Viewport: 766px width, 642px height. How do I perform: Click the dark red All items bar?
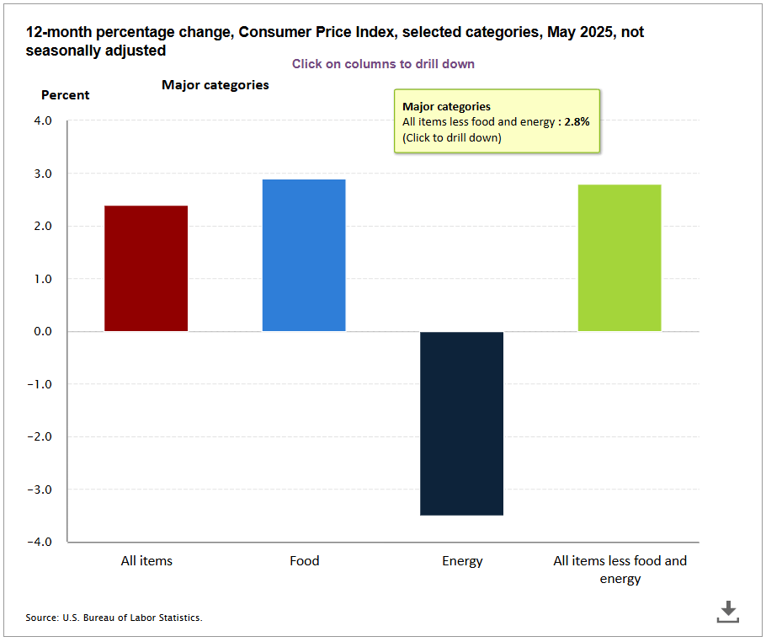(x=146, y=268)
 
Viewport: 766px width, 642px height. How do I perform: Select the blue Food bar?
(x=304, y=255)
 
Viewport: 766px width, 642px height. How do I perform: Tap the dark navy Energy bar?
(x=461, y=423)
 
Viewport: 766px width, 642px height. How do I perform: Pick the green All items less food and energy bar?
(x=620, y=258)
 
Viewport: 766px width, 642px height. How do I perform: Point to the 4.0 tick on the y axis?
(x=42, y=121)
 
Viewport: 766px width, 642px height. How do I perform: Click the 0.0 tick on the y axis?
(x=42, y=332)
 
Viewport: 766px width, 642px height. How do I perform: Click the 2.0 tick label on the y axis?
(x=42, y=227)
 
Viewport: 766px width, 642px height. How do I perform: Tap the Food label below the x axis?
(x=304, y=561)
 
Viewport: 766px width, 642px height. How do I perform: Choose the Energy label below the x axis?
(x=462, y=561)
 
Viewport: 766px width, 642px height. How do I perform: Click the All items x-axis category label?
(x=146, y=561)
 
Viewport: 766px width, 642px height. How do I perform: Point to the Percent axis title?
(x=65, y=95)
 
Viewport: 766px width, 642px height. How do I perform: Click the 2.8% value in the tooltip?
(x=577, y=122)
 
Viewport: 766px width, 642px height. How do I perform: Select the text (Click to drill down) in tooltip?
(x=451, y=138)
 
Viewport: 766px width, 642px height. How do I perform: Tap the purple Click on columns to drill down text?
(x=383, y=64)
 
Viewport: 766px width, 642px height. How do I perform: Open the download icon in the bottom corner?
(x=728, y=612)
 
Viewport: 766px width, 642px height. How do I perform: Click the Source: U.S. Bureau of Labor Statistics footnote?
(x=114, y=618)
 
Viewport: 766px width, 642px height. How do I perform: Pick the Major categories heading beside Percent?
(x=215, y=85)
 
